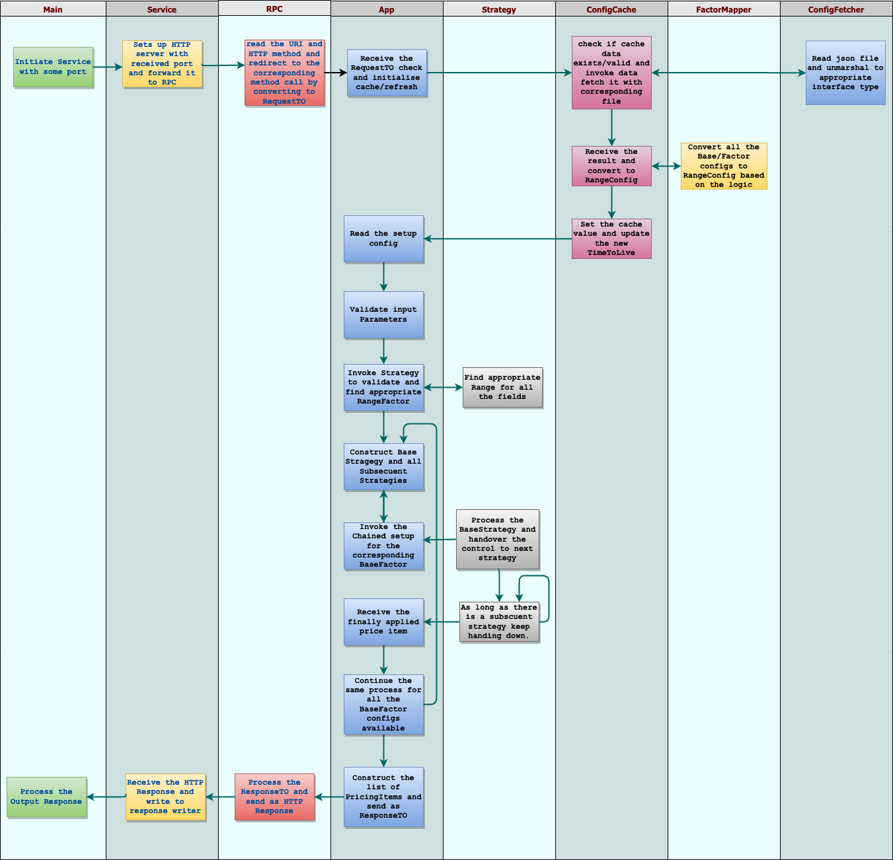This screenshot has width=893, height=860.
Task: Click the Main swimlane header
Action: click(53, 9)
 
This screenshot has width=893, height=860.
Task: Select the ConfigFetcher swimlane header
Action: click(835, 9)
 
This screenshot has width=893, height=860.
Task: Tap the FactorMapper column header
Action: click(723, 9)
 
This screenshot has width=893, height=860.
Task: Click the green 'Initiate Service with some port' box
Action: click(53, 67)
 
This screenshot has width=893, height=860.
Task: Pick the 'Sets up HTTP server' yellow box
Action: click(162, 63)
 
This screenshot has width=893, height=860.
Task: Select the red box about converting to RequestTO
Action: click(284, 73)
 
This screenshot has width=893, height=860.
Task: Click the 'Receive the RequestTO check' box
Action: click(387, 73)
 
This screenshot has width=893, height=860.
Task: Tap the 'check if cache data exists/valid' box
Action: click(611, 73)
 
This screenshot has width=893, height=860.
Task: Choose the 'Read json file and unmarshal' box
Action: click(845, 73)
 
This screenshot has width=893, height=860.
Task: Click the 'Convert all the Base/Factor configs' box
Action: click(724, 166)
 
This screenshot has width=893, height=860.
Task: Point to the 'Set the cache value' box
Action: click(611, 238)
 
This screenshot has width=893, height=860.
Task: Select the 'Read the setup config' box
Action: click(383, 238)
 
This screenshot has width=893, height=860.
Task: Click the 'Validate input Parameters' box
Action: click(383, 314)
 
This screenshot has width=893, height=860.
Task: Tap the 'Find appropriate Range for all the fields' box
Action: click(502, 387)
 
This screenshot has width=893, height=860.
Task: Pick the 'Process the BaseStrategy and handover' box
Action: click(497, 539)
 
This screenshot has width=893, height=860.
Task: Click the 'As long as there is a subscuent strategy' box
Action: click(499, 622)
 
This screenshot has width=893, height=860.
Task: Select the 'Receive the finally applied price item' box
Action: click(383, 622)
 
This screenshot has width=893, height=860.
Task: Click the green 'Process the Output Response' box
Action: click(46, 797)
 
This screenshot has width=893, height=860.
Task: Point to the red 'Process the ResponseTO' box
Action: click(274, 797)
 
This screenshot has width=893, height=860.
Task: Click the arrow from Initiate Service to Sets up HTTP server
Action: click(108, 67)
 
